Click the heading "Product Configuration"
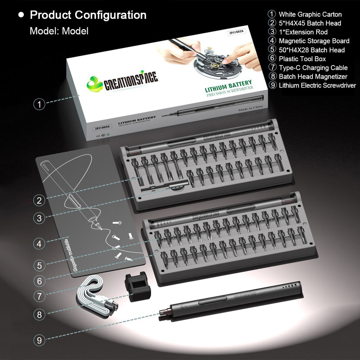tap(88, 15)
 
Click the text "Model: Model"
tap(59, 31)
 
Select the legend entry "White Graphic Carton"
tap(310, 14)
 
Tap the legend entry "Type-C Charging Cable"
tap(313, 68)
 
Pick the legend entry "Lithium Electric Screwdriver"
tap(317, 85)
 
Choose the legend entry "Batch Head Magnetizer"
tap(313, 77)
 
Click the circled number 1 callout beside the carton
tap(39, 104)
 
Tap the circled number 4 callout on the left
tap(39, 243)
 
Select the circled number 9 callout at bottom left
tap(39, 340)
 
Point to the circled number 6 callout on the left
tap(39, 281)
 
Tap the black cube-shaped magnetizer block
tap(137, 288)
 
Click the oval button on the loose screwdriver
tap(212, 301)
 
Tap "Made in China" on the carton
tap(250, 109)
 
